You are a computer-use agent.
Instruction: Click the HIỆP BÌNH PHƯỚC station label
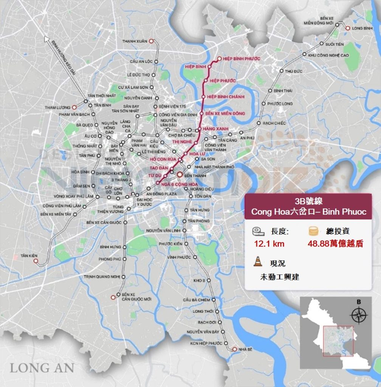pos(242,59)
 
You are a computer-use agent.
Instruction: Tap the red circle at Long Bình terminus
pos(347,28)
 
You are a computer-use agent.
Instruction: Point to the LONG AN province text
pos(42,367)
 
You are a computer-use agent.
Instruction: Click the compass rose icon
pos(359,314)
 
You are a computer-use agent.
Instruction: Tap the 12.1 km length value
pos(269,244)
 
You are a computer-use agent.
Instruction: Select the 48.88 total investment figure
pos(335,244)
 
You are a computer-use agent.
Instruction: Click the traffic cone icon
pos(258,261)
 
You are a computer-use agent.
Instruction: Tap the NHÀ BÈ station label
pos(245,349)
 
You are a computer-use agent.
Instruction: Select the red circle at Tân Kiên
pos(36,261)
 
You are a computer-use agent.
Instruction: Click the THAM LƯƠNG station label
pos(57,107)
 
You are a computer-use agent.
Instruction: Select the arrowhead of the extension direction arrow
pos(47,39)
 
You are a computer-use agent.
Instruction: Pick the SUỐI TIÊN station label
pos(335,44)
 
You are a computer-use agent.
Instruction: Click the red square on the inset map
pos(338,341)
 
